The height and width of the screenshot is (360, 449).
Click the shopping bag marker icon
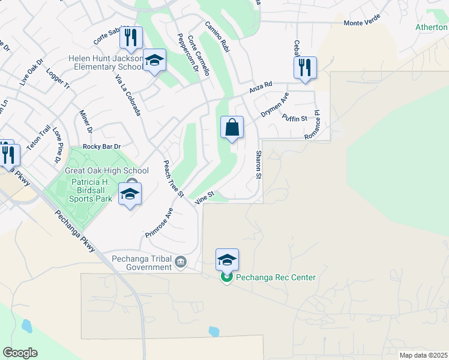(x=232, y=128)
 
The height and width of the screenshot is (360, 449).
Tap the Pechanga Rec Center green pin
(x=226, y=277)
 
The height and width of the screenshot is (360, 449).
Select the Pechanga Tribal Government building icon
(x=180, y=262)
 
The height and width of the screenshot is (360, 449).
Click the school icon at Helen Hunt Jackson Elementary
(x=155, y=61)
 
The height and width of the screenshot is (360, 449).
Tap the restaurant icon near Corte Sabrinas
(x=130, y=38)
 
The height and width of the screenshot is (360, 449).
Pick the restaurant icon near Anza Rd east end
(x=305, y=68)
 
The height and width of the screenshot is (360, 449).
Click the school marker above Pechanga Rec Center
(x=227, y=260)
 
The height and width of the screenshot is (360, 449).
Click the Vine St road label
(x=205, y=196)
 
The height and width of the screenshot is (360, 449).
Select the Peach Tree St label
(x=173, y=179)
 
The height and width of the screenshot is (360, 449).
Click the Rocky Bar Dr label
(x=102, y=146)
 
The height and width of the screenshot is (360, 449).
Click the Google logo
(x=20, y=353)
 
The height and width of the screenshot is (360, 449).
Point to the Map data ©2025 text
(x=423, y=355)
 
